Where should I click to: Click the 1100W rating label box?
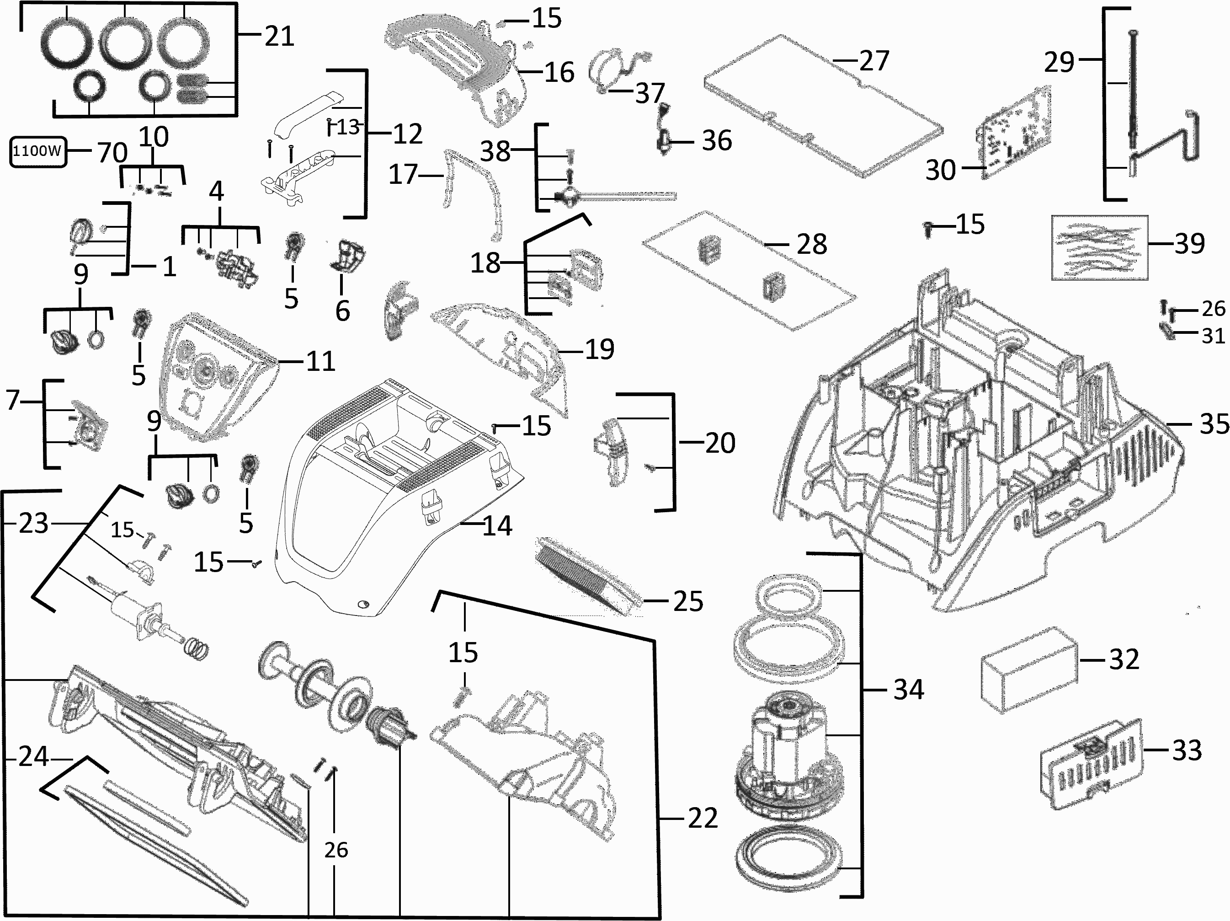[x=37, y=151]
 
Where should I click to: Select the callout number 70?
[x=112, y=152]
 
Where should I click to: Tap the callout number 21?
[x=279, y=37]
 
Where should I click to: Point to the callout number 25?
[x=688, y=601]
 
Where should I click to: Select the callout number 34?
[x=909, y=690]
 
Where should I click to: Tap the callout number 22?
[x=703, y=818]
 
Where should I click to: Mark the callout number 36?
[x=717, y=141]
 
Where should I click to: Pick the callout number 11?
[x=320, y=362]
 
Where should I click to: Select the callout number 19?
[x=599, y=349]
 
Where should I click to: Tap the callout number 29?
[x=1059, y=62]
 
